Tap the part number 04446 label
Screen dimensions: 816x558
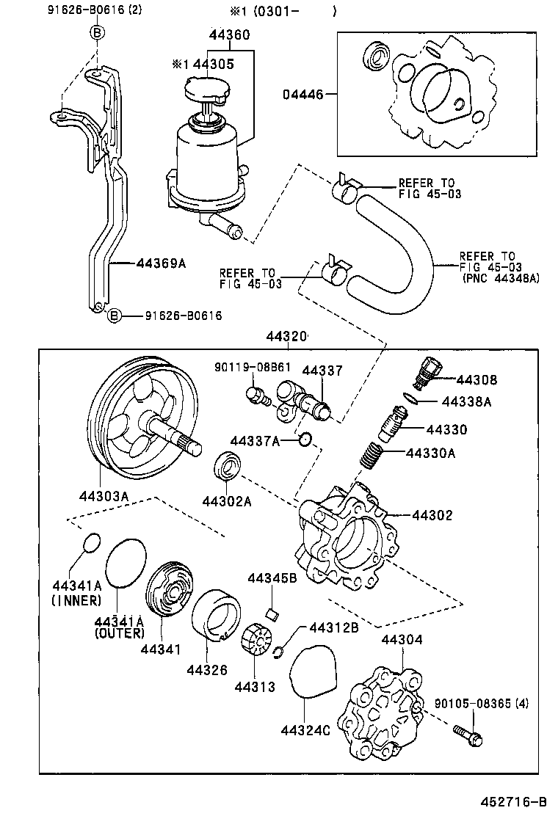coord(302,95)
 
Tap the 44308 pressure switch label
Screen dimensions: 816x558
coord(477,380)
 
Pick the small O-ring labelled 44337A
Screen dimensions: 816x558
coord(306,440)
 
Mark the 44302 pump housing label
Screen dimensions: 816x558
coord(432,516)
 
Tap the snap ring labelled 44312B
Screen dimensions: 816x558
coord(279,651)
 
